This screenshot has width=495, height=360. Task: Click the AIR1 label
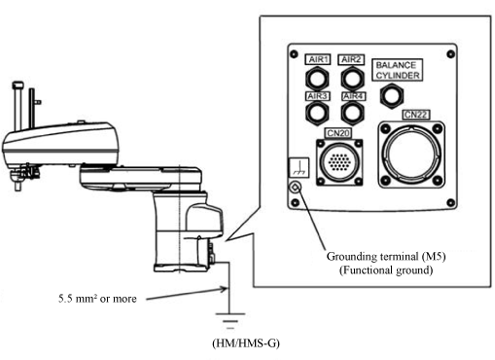[318, 59]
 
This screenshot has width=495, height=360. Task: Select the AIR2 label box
[351, 59]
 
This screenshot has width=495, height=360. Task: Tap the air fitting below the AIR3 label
[317, 113]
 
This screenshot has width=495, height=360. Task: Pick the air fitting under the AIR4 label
[352, 113]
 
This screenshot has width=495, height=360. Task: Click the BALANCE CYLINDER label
[398, 70]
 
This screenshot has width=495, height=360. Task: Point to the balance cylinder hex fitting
[392, 96]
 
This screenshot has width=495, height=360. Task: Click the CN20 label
[338, 133]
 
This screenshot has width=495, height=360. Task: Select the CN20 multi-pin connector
[339, 162]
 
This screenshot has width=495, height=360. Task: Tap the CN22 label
[416, 115]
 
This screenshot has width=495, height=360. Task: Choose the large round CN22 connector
[411, 155]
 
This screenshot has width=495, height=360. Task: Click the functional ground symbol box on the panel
[299, 167]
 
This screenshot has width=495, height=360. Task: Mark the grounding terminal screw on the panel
[295, 187]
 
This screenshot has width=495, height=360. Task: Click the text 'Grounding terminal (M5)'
[386, 257]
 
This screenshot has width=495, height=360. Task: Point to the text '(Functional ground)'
[386, 270]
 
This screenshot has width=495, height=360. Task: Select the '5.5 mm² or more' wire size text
[97, 299]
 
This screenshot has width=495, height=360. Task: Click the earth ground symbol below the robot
[230, 321]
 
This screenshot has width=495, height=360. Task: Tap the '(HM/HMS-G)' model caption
[246, 343]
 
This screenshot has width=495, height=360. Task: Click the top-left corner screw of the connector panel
[294, 54]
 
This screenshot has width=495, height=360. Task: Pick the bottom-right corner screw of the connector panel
[450, 203]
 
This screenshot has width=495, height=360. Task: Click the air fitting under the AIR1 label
[317, 79]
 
